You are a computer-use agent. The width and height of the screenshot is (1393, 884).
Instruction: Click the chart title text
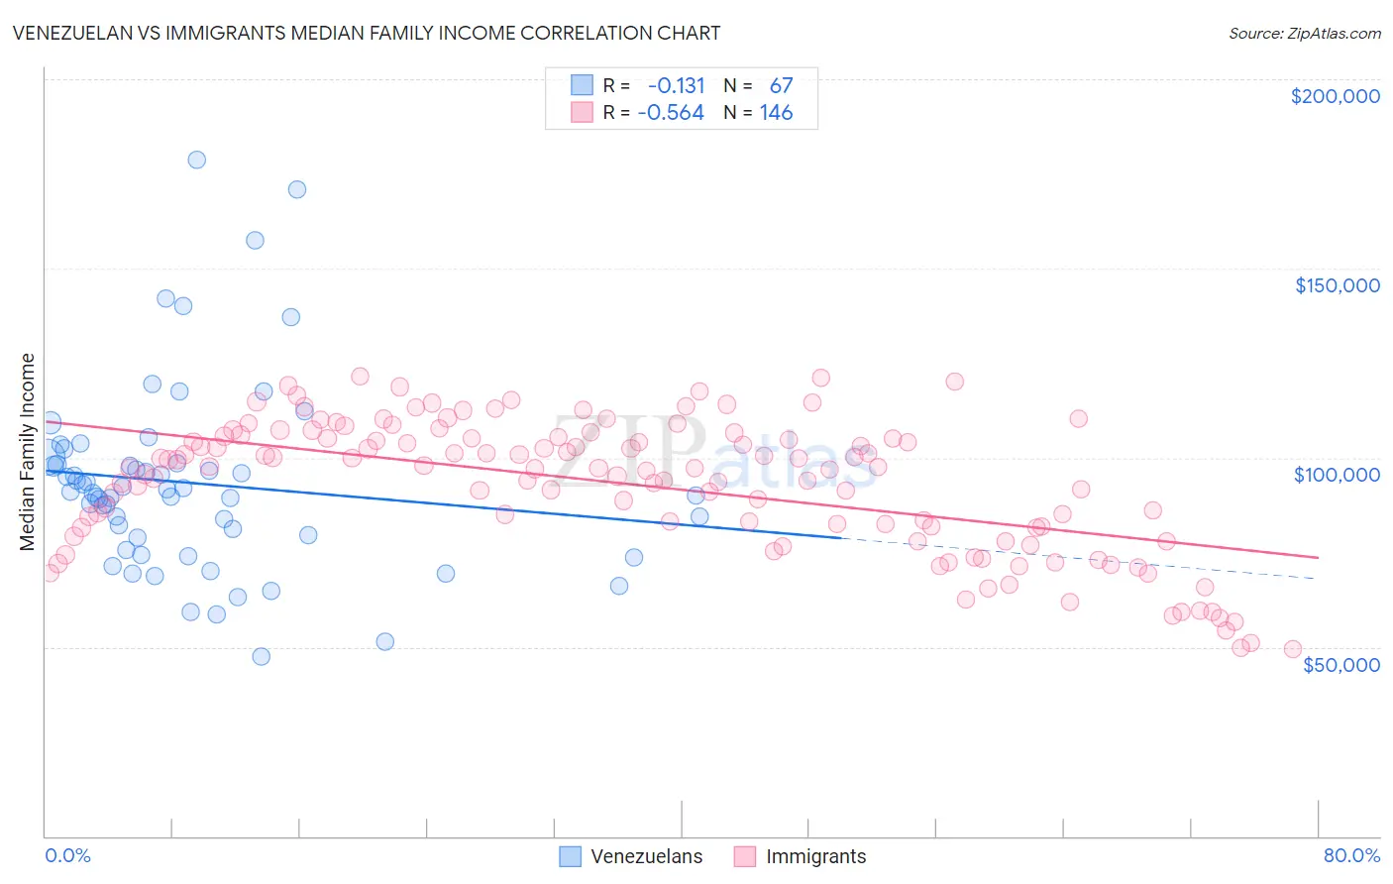pos(366,33)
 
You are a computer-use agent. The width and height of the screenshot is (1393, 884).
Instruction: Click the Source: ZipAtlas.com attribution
pos(1304,33)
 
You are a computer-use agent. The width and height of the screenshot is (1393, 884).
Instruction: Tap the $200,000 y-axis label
pos(1335,96)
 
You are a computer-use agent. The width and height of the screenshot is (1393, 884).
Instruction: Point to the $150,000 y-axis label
pos(1337,285)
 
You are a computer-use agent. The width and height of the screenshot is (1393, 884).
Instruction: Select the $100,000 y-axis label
pos(1337,475)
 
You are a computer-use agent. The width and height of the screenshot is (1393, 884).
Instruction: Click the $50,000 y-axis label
pos(1340,665)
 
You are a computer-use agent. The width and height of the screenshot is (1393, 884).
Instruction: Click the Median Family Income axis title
pos(27,452)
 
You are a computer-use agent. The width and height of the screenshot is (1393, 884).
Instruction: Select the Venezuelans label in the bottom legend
pos(646,857)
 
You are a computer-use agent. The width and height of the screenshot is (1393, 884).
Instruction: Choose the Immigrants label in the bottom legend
pos(815,857)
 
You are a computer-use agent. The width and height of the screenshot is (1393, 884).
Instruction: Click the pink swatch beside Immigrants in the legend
pos(744,857)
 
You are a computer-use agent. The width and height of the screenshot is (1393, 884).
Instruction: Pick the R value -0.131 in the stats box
pos(676,86)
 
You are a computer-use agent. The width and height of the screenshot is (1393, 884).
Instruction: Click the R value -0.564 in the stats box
pos(671,113)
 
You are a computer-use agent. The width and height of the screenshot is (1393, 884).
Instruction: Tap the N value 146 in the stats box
pos(776,113)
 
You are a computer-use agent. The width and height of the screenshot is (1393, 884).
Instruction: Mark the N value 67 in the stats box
pos(781,86)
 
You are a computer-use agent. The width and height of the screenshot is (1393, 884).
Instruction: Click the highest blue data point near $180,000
pos(196,160)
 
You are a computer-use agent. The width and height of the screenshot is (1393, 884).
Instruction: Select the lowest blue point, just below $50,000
pos(261,656)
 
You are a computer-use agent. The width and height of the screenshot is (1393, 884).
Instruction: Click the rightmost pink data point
pos(1292,649)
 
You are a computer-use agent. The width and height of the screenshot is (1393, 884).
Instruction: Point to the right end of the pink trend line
pos(1318,558)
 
